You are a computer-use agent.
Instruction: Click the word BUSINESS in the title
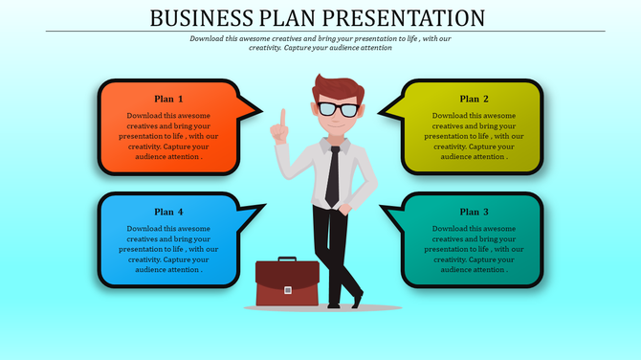click(196, 17)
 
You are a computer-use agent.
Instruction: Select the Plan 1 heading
click(168, 99)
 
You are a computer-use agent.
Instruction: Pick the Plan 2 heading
click(475, 99)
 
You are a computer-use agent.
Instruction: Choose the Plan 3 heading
click(475, 212)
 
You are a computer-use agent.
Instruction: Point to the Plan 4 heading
click(168, 212)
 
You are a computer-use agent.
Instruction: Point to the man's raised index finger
click(282, 119)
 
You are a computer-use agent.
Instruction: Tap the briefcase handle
click(287, 260)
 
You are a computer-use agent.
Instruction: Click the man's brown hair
click(335, 86)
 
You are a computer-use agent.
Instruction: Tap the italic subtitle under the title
click(319, 43)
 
